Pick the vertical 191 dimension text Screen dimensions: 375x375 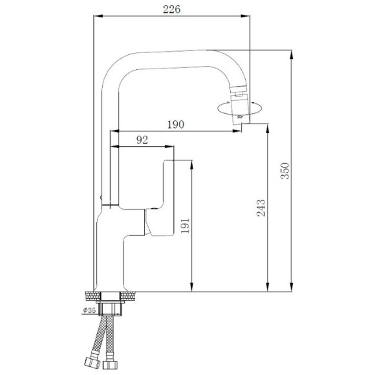click(186, 227)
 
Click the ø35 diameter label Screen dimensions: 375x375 click(89, 310)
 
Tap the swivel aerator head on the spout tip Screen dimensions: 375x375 click(240, 103)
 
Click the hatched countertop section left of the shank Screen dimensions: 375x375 click(91, 295)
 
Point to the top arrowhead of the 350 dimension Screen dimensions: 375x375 click(294, 52)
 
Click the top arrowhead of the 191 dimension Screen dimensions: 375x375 click(192, 163)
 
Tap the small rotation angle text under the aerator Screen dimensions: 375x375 click(241, 117)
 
